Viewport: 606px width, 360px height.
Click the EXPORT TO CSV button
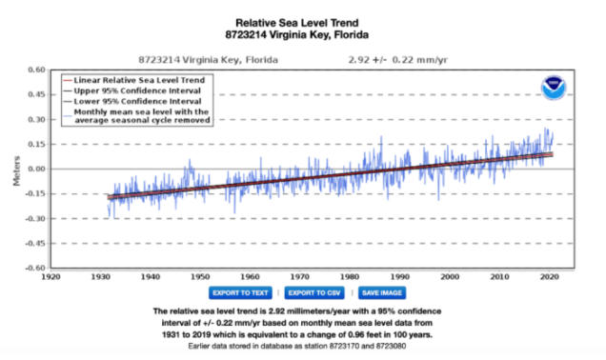coord(315,293)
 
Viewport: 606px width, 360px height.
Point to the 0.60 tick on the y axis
coord(35,70)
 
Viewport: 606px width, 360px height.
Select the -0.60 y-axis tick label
coord(33,268)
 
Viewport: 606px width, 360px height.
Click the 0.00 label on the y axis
coord(35,169)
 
